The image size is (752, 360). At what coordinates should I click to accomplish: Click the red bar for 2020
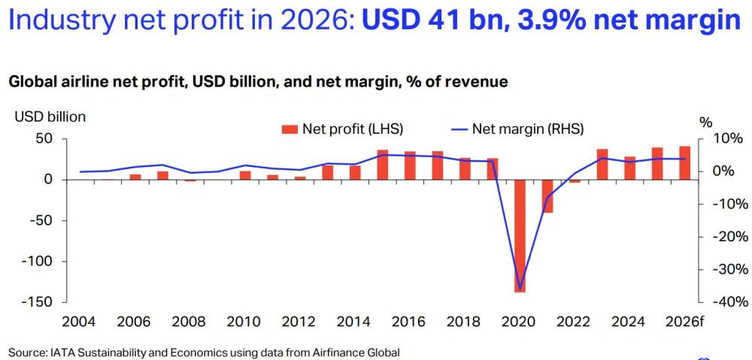[x=520, y=235]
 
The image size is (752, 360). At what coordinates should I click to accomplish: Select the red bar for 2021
[x=547, y=196]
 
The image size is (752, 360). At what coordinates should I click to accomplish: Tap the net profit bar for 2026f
[x=684, y=163]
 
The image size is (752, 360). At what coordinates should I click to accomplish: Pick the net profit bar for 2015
[x=382, y=165]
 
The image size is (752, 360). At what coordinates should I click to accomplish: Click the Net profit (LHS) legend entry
[x=343, y=129]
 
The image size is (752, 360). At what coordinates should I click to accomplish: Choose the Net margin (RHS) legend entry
[x=517, y=129]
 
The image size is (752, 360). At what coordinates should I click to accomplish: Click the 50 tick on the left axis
[x=44, y=138]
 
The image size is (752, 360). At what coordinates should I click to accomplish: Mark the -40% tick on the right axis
[x=727, y=302]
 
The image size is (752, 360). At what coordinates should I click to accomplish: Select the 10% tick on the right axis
[x=728, y=138]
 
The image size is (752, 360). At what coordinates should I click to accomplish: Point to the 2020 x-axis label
[x=519, y=322]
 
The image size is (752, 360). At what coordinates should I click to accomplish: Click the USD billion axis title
[x=50, y=116]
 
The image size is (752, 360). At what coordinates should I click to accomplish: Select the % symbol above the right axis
[x=705, y=122]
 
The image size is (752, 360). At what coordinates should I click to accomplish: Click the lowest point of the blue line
[x=520, y=288]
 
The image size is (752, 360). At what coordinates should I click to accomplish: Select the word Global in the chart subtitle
[x=32, y=82]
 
